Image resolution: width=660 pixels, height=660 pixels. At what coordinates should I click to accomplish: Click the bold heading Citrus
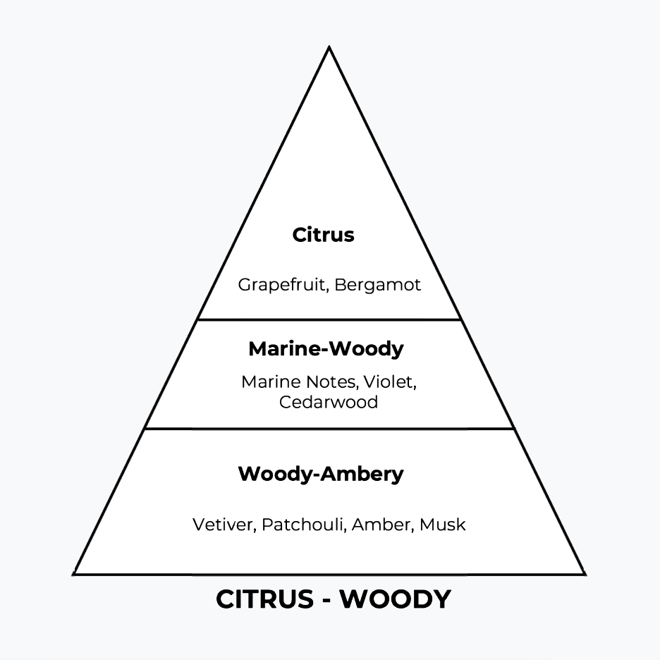point(323,235)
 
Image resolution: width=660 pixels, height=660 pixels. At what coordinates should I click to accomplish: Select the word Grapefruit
point(283,285)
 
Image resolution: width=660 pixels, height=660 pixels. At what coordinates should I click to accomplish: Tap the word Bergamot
point(377,285)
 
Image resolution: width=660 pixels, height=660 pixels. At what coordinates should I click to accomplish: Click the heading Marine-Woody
point(326,348)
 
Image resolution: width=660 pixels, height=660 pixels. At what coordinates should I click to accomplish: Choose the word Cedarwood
point(329,402)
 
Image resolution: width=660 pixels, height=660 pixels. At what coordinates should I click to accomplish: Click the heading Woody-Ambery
point(321,474)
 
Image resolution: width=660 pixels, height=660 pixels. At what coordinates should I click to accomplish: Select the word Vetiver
point(224,525)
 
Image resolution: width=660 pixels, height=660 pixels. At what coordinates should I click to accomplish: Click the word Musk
point(443,525)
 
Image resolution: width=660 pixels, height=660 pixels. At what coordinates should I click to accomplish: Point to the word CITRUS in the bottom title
point(265,599)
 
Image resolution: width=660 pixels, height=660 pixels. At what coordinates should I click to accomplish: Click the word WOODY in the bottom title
point(396,599)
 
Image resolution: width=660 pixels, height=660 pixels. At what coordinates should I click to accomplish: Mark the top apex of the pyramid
point(329,48)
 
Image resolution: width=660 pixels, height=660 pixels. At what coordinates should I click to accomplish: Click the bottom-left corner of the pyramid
point(75,573)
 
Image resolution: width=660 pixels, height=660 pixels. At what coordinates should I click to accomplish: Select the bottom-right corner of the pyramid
point(583,573)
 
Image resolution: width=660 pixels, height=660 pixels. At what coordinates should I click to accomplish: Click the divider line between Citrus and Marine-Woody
point(329,319)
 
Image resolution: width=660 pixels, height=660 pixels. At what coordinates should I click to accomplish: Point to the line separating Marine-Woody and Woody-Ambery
point(329,428)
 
